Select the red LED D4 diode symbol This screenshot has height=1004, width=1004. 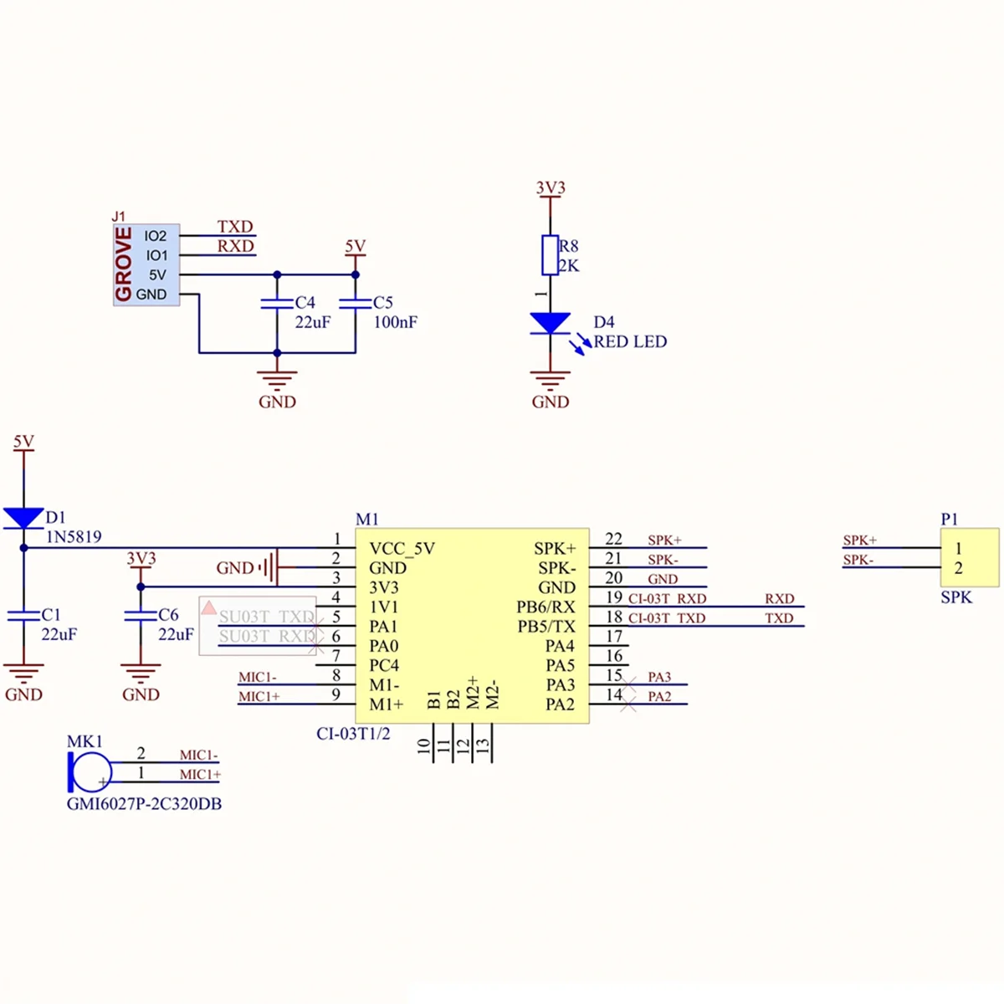550,323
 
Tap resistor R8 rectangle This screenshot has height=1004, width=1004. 550,255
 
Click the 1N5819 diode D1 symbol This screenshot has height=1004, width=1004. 23,518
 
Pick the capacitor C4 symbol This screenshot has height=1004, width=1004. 277,303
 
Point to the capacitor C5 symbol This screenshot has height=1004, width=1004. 356,303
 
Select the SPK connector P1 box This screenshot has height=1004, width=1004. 969,557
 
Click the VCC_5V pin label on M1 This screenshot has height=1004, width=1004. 402,549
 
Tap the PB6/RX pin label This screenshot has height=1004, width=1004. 546,607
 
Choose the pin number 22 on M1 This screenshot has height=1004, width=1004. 613,540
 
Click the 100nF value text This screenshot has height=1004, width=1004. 395,322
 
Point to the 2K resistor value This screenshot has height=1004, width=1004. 569,266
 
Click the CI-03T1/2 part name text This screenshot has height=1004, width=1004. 353,734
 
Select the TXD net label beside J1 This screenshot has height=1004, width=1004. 235,227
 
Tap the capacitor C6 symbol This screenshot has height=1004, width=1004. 141,616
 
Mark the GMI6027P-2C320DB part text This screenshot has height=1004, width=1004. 144,804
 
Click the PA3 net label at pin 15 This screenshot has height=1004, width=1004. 659,677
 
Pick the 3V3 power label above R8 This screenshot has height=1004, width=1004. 551,187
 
